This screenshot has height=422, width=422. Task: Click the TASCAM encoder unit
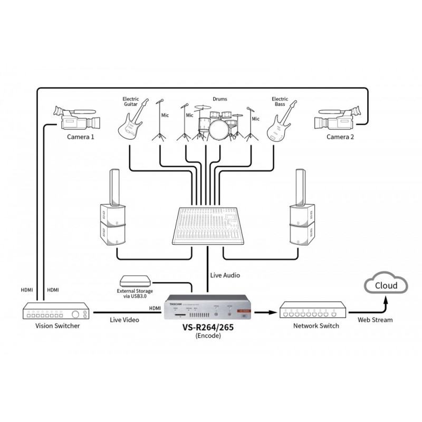pyautogui.click(x=206, y=312)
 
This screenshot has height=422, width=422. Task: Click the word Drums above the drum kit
pyautogui.click(x=219, y=99)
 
